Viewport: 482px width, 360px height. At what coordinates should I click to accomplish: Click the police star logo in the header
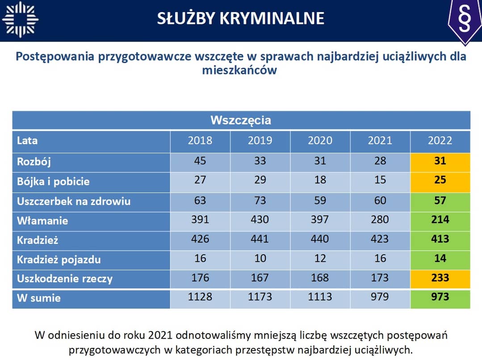[20, 19]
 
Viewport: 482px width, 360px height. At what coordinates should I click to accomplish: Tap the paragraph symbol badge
[465, 20]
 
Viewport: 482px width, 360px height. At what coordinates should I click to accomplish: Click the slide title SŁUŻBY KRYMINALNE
[241, 18]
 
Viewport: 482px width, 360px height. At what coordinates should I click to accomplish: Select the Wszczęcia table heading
[241, 120]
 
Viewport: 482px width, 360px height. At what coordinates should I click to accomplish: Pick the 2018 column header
[200, 141]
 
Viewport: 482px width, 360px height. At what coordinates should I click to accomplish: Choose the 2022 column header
[440, 141]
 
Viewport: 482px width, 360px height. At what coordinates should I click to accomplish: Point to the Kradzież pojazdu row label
[59, 259]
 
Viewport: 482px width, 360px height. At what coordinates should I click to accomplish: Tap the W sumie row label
[38, 298]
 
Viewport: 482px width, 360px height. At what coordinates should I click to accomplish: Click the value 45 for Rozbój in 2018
[200, 161]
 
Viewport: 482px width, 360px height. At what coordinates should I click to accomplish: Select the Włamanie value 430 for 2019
[260, 220]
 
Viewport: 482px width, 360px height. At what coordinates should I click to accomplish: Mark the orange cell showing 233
[440, 278]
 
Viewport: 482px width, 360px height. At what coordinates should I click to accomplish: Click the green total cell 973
[440, 297]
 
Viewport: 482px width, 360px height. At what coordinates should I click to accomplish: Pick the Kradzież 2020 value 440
[320, 239]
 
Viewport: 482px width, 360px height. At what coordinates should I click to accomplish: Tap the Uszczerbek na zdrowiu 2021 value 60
[380, 200]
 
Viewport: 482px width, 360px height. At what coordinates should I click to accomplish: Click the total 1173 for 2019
[260, 297]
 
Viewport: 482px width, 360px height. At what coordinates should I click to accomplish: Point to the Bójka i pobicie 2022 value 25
[440, 180]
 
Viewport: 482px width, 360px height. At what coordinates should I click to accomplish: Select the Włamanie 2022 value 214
[440, 220]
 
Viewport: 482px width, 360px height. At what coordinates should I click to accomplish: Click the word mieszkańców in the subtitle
[239, 70]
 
